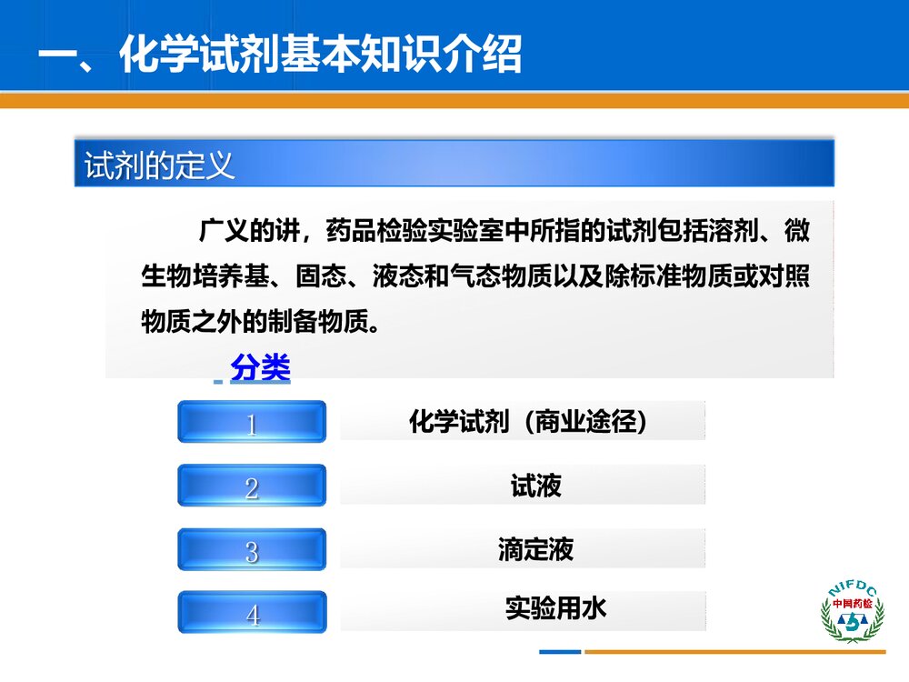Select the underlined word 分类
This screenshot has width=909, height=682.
coord(261,368)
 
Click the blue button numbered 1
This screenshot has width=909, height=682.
coord(252,423)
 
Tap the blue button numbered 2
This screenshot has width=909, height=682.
coord(252,486)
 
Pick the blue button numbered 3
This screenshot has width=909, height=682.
coord(252,550)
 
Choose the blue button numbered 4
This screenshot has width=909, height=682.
coord(252,614)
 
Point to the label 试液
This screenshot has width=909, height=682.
coord(535,486)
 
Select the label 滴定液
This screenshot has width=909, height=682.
coord(535,549)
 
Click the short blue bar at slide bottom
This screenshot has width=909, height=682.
coord(559,651)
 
